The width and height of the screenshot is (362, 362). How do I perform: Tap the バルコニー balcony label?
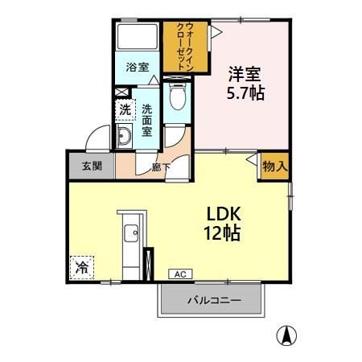click(212, 302)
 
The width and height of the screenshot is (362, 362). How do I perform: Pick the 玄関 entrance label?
click(91, 167)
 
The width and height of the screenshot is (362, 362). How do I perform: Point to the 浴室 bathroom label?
click(137, 68)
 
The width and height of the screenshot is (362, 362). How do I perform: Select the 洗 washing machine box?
click(125, 109)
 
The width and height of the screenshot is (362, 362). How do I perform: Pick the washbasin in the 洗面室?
click(125, 139)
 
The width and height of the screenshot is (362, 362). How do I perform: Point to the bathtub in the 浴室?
click(137, 39)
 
